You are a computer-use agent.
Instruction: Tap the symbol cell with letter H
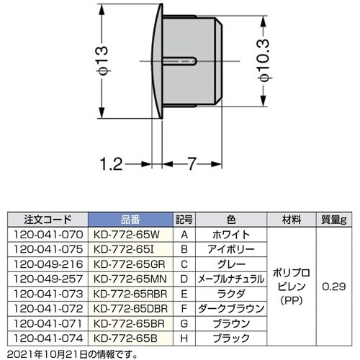pos(185,337)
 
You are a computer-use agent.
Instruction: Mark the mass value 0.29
pos(334,286)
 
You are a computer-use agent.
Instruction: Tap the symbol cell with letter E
pos(185,293)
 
